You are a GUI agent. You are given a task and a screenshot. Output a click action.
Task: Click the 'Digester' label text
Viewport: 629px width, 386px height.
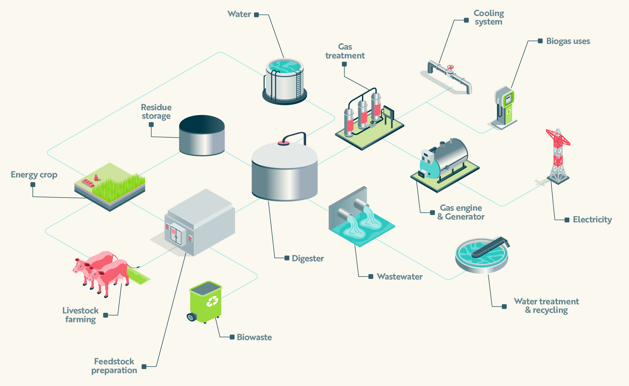click(308, 258)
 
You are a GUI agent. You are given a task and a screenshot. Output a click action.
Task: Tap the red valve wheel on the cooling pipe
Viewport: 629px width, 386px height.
click(451, 67)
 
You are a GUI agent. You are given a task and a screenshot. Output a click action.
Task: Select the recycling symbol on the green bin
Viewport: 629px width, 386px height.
click(212, 301)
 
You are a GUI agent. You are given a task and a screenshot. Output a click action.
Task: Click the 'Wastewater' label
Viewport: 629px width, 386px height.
click(399, 277)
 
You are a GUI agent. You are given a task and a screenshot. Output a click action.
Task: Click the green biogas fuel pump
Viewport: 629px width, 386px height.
click(505, 107)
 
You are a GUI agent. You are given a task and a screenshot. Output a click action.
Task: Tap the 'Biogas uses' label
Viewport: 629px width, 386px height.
click(568, 41)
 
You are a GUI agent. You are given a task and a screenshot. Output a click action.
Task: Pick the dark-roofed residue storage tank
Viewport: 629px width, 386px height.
click(202, 135)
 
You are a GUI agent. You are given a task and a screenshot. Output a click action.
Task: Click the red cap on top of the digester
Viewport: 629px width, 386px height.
click(283, 143)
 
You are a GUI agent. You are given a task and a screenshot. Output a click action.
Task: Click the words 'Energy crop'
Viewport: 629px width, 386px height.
click(34, 175)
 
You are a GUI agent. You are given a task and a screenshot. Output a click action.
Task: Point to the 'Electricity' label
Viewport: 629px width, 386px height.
click(592, 220)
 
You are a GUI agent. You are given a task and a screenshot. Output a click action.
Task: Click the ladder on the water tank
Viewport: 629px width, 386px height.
click(298, 83)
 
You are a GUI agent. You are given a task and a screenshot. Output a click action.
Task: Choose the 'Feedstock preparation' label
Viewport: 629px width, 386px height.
click(114, 366)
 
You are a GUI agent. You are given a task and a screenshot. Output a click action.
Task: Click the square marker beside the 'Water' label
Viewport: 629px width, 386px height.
click(256, 15)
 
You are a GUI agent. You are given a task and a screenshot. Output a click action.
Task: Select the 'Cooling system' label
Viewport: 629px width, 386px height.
click(489, 18)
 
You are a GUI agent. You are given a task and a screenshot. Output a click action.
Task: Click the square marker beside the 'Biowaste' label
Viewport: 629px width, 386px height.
click(232, 337)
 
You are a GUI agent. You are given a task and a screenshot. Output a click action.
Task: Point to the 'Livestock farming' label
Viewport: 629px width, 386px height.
click(81, 315)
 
